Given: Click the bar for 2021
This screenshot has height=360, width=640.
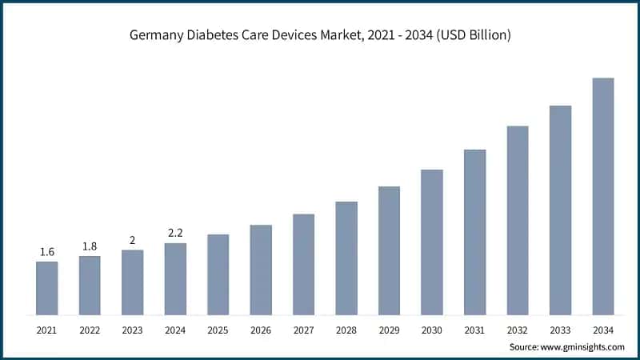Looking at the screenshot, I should (x=47, y=288).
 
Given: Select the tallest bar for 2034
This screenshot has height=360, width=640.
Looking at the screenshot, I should (x=602, y=196).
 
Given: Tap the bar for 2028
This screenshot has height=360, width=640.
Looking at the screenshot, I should (x=346, y=258).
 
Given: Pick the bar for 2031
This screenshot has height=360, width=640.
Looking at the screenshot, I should (x=474, y=232).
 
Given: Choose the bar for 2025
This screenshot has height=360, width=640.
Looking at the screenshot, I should (x=218, y=274).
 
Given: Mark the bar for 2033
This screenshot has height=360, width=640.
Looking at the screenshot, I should (x=560, y=210).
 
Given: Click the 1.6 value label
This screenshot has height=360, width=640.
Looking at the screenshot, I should (x=47, y=252).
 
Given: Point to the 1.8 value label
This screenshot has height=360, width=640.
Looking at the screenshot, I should (x=90, y=246).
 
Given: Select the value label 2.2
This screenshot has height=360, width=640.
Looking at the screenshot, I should (x=175, y=233).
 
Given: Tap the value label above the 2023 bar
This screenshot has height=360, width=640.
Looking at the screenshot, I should (x=133, y=240).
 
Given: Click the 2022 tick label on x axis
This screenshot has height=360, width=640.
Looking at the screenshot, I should (x=90, y=330).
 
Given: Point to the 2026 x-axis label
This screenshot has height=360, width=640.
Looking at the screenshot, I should (x=261, y=330).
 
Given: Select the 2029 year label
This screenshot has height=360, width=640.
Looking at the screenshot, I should (x=389, y=330).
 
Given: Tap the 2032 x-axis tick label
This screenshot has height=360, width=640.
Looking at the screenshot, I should (x=518, y=330).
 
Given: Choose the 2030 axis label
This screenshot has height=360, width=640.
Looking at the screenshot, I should (x=432, y=330).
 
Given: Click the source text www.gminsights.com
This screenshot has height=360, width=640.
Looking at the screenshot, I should (x=584, y=347).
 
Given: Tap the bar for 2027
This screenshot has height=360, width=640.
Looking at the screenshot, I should (x=303, y=264).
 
